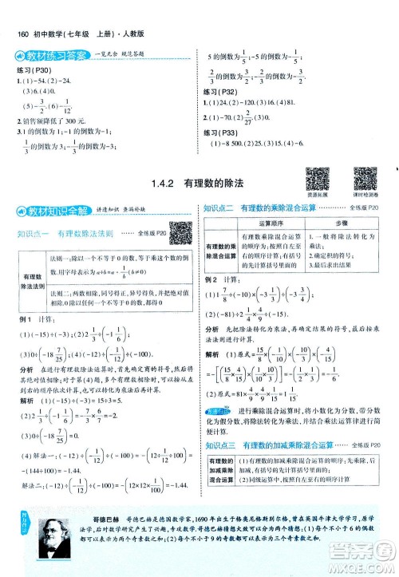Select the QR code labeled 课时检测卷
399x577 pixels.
click(365, 179)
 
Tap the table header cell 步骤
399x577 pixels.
click(342, 226)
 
